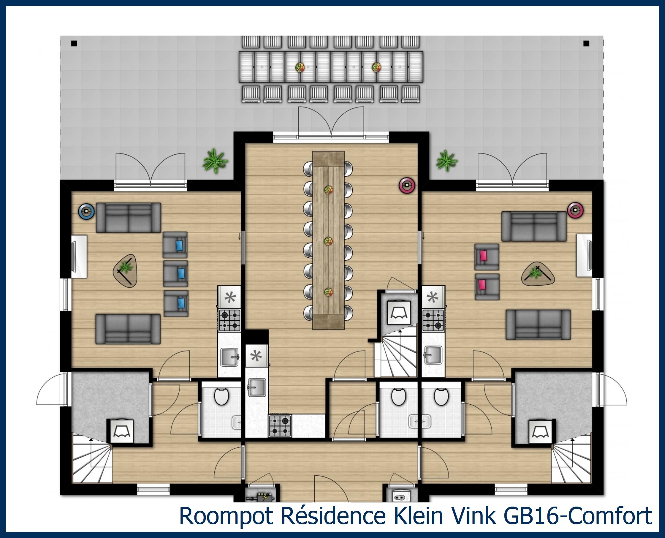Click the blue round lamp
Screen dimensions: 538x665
click(x=86, y=212)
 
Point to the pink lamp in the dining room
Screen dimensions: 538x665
click(x=407, y=185)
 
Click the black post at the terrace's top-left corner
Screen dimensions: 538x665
click(x=74, y=44)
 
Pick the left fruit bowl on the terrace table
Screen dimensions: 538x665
click(x=300, y=67)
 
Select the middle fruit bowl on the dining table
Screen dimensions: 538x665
click(x=328, y=241)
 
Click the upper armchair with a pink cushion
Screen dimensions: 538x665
click(x=487, y=257)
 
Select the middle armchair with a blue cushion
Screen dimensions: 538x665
click(x=176, y=273)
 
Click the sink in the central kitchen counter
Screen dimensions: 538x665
click(x=256, y=387)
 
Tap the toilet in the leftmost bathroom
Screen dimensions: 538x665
click(x=221, y=397)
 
